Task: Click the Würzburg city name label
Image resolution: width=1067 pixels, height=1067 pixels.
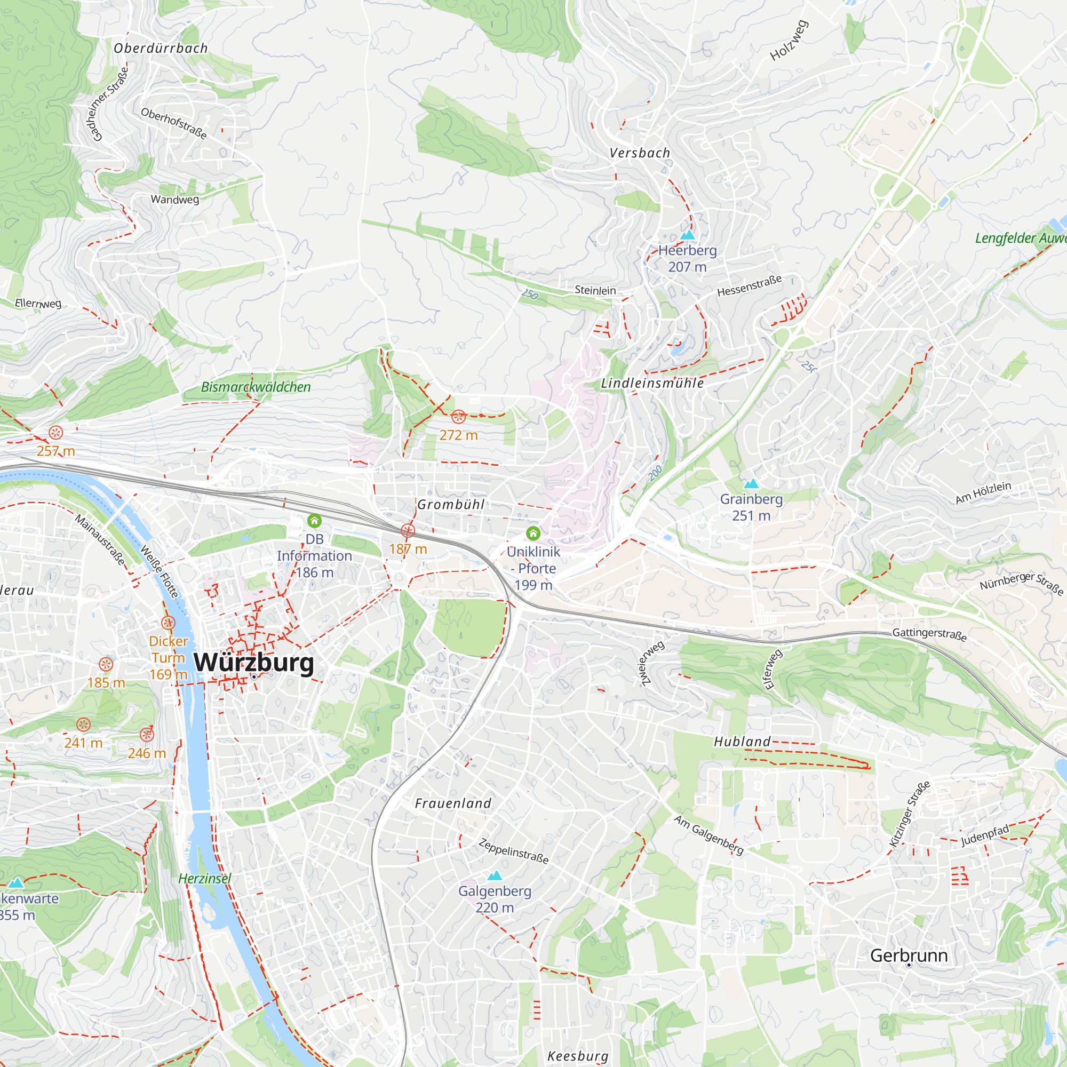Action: (x=253, y=662)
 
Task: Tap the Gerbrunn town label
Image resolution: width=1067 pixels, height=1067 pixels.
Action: (x=909, y=955)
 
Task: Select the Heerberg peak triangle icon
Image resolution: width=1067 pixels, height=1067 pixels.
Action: (x=687, y=235)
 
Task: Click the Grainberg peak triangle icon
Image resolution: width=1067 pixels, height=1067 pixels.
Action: (x=751, y=484)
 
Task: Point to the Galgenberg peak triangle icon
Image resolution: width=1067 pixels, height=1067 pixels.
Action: (x=495, y=875)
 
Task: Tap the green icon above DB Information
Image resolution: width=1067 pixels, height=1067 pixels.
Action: (x=314, y=520)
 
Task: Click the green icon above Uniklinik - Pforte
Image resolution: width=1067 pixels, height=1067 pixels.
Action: (x=533, y=533)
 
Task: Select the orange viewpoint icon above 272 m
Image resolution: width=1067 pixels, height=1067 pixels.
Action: (x=458, y=417)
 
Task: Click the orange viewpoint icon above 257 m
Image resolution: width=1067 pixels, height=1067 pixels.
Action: (x=56, y=433)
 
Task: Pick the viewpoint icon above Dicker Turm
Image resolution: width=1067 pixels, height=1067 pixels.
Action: (x=169, y=623)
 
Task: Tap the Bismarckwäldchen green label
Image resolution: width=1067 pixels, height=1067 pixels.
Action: (x=256, y=387)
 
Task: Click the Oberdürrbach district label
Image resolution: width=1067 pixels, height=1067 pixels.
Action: (x=161, y=49)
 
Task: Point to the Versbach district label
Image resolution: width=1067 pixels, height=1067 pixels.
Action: (x=640, y=153)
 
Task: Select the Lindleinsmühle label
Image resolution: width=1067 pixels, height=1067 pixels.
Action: (x=652, y=383)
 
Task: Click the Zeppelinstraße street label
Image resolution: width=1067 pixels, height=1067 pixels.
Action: (x=514, y=851)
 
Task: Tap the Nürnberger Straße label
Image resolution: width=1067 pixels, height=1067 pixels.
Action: (x=1021, y=584)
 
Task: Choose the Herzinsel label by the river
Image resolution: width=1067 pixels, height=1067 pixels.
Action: (x=204, y=879)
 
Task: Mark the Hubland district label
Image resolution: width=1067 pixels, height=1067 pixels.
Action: (x=742, y=742)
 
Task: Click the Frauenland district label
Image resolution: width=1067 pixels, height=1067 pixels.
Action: (x=453, y=803)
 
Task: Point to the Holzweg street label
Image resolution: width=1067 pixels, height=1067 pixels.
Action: (x=789, y=41)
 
